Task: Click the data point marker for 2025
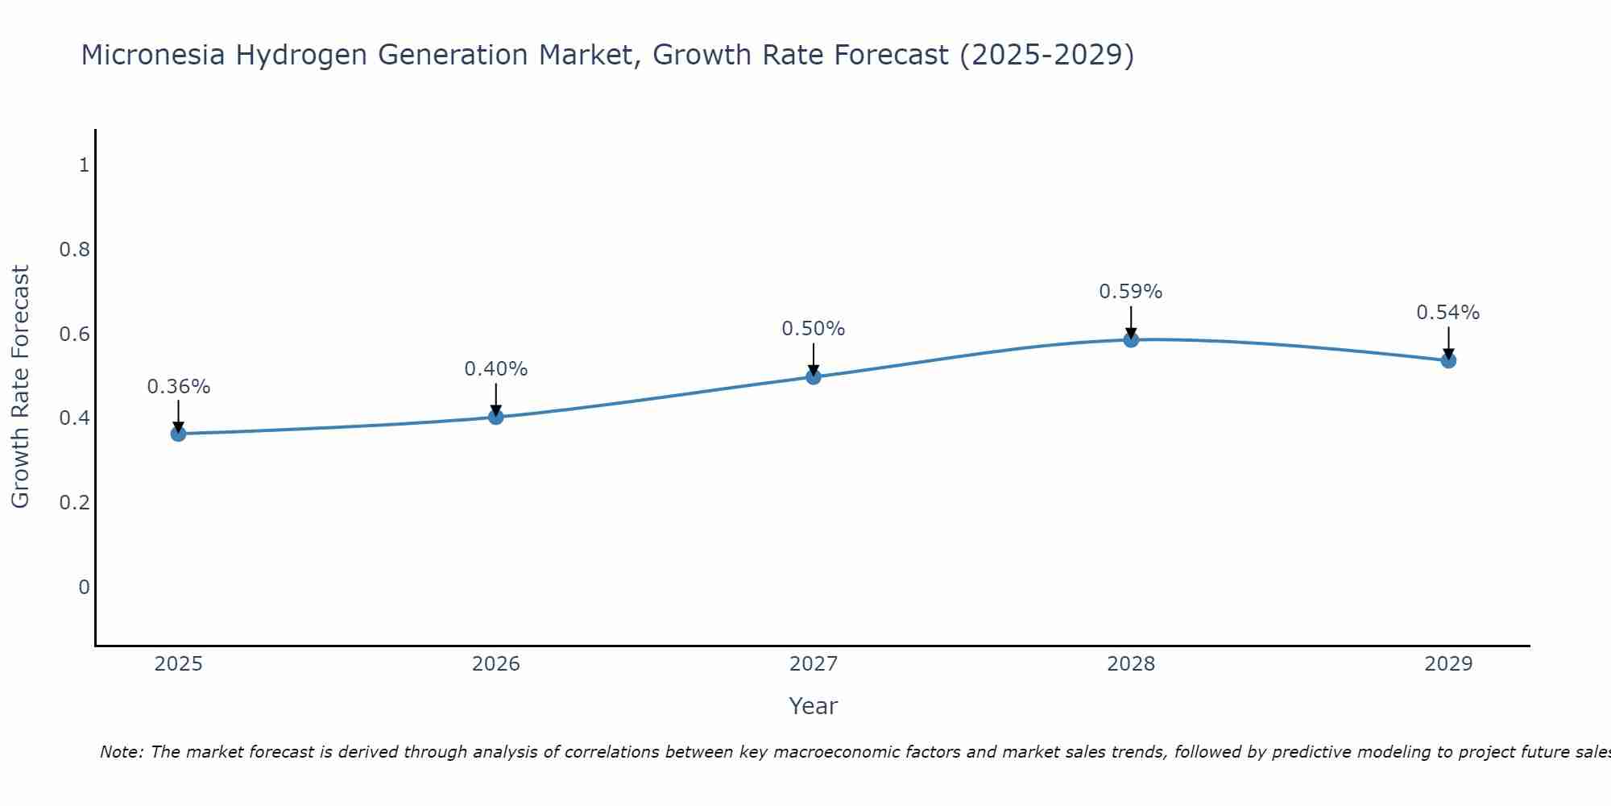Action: tap(179, 434)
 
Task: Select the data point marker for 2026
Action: tap(496, 417)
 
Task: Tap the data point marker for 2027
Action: tap(814, 376)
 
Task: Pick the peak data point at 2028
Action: tap(1131, 339)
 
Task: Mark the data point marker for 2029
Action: tap(1448, 360)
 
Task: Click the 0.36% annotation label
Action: tap(179, 387)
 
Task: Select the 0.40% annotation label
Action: tap(496, 369)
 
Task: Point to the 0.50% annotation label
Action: tap(814, 329)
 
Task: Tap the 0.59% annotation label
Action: tap(1131, 292)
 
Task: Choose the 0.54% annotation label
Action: tap(1448, 313)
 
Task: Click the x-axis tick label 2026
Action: tap(496, 664)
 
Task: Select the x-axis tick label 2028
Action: tap(1131, 664)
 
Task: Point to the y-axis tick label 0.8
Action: tap(74, 250)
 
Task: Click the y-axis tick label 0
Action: tap(84, 587)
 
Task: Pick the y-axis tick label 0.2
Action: tap(74, 503)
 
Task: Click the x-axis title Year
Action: tap(814, 706)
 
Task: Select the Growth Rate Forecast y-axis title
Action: tap(20, 387)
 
